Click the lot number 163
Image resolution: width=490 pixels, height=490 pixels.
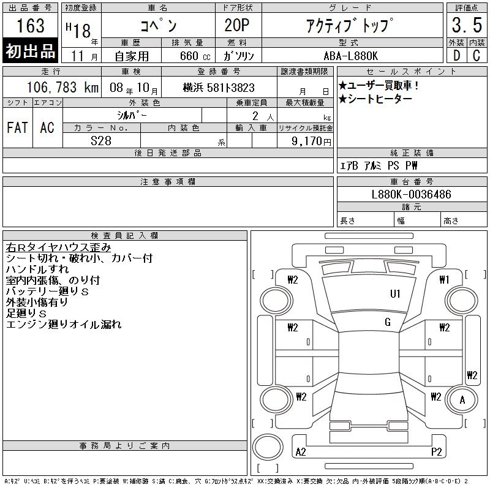tap(31, 25)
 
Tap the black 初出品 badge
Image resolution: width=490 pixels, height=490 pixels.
tap(30, 51)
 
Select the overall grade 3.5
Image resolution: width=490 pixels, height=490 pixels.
tap(467, 25)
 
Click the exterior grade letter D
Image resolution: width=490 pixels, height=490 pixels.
tap(456, 56)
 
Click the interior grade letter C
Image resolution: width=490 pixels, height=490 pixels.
tap(477, 56)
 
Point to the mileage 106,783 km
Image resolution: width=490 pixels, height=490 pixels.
tap(63, 88)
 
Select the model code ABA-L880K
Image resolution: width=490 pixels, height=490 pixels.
tap(351, 56)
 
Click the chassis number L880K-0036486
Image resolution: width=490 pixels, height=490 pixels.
tap(411, 194)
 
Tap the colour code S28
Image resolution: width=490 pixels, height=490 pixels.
tap(101, 141)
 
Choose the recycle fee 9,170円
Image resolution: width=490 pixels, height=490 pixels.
tap(311, 141)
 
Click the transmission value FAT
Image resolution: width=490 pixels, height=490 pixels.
tap(18, 127)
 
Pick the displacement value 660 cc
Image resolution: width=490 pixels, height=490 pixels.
tap(195, 56)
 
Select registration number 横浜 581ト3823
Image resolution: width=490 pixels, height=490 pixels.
tap(219, 88)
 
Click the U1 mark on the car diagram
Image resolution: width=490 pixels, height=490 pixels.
tap(395, 294)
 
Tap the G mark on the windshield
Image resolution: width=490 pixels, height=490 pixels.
tap(388, 322)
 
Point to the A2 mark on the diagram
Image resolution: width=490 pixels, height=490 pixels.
tap(301, 452)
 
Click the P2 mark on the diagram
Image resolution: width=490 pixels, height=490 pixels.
tap(436, 452)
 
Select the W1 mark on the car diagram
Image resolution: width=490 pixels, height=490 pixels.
tap(444, 280)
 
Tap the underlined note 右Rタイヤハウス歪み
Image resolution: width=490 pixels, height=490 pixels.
tap(58, 247)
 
